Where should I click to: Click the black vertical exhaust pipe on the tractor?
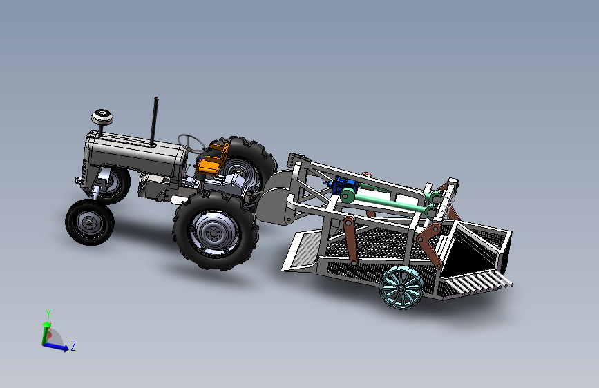pos(154,122)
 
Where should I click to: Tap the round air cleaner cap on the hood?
pos(102,117)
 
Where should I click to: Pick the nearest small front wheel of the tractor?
pos(90,222)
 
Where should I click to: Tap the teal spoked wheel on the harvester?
pos(401,288)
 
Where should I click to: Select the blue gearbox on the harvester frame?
pos(344,185)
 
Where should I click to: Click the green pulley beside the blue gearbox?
pos(348,195)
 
